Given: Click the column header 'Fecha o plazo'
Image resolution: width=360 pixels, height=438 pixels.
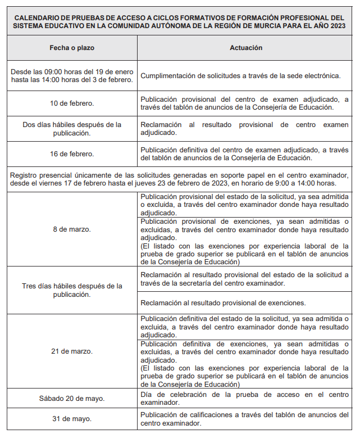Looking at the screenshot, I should (72, 48).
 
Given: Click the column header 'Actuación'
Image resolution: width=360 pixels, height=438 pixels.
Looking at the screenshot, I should (245, 48).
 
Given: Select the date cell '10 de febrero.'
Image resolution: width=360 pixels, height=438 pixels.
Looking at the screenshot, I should (72, 103).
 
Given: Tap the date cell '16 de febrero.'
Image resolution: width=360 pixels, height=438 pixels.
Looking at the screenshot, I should (72, 153).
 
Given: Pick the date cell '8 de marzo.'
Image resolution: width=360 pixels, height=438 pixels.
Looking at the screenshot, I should (72, 229).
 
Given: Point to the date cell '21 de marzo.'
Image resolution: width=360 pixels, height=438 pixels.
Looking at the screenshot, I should (72, 351).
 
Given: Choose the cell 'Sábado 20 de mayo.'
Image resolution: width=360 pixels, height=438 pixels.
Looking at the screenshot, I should (72, 399).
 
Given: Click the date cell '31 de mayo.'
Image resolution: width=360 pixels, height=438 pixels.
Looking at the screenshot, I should (72, 419).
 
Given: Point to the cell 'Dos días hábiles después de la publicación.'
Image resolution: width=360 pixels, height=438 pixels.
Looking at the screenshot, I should (72, 129).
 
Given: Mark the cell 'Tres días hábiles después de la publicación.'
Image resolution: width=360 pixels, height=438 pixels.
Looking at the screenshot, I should (72, 290).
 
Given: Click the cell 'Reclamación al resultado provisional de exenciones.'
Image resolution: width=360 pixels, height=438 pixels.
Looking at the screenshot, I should (223, 302).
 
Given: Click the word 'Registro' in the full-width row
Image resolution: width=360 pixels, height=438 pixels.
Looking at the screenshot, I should (24, 175).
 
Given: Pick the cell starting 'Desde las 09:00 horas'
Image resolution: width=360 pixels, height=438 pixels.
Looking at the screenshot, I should (72, 75).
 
